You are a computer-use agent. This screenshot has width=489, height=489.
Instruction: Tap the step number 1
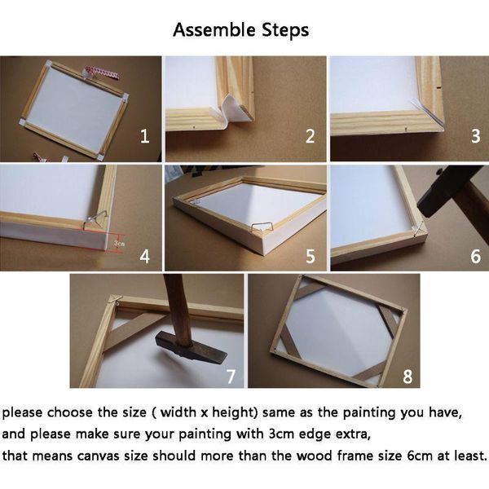coord(144,136)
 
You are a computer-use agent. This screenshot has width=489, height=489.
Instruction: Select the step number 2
coord(310,136)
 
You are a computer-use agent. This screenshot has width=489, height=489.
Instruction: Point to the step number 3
coord(475,136)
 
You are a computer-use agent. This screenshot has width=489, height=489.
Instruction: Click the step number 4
coord(144,256)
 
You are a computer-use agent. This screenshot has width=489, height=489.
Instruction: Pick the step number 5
coord(310,256)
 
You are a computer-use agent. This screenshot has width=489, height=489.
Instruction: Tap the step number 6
coord(475,256)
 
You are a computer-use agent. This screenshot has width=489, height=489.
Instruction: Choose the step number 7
coord(231,376)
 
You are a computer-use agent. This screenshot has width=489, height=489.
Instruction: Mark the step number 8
coord(405,376)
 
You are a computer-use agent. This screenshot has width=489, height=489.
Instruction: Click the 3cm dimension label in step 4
coord(119,242)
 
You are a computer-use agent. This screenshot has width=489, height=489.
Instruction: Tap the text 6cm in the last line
coord(425,456)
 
